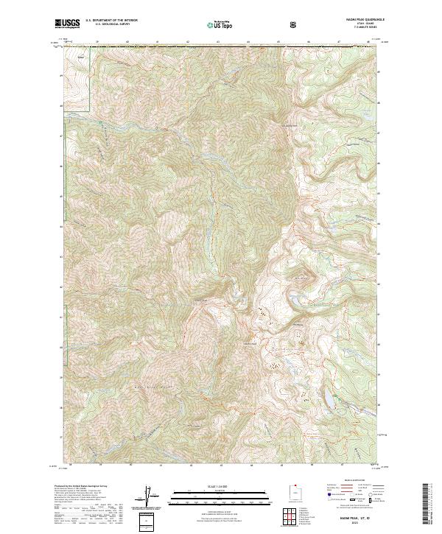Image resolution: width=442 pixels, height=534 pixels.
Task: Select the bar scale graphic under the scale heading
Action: click(210, 497)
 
